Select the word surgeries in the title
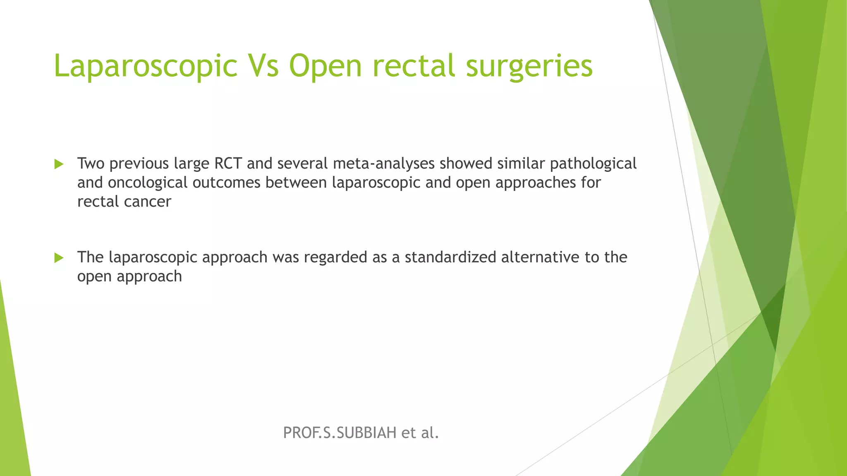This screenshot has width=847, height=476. [529, 66]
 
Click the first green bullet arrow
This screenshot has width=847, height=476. [59, 164]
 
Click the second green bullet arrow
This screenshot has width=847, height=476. [59, 258]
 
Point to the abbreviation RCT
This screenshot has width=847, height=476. [227, 164]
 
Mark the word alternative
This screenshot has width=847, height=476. [540, 257]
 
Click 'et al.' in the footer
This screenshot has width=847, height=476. [420, 433]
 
